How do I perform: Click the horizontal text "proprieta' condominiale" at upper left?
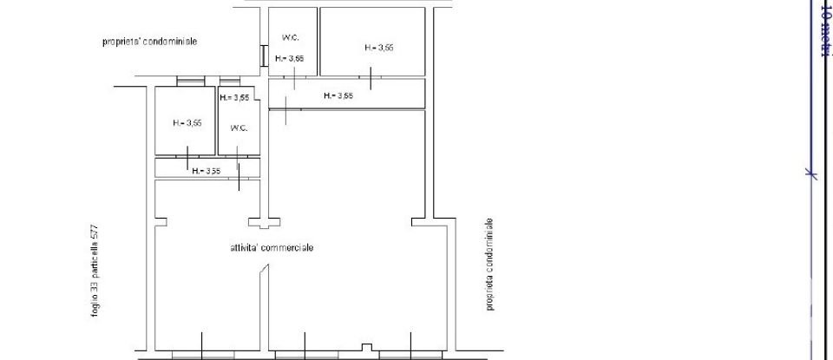pyautogui.click(x=150, y=41)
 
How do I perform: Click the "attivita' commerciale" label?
pyautogui.click(x=266, y=248)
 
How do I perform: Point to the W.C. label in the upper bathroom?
pyautogui.click(x=291, y=37)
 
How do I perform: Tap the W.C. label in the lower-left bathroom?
pyautogui.click(x=239, y=128)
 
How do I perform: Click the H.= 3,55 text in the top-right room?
pyautogui.click(x=379, y=48)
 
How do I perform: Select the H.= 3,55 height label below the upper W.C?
pyautogui.click(x=290, y=59)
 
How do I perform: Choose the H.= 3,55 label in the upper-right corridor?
pyautogui.click(x=338, y=96)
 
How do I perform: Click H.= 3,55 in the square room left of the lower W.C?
pyautogui.click(x=187, y=123)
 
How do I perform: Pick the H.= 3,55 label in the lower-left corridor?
pyautogui.click(x=207, y=170)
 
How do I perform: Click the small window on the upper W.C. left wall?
pyautogui.click(x=263, y=55)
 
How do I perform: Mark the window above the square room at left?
pyautogui.click(x=188, y=82)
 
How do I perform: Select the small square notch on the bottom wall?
pyautogui.click(x=368, y=350)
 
